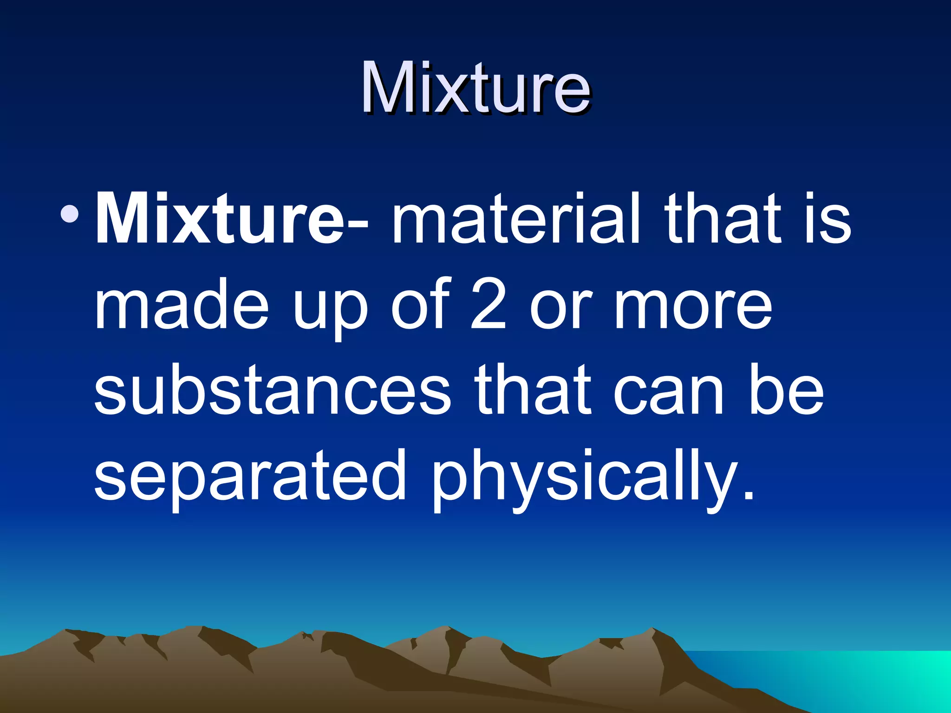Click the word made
pyautogui.click(x=181, y=304)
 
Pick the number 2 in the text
pyautogui.click(x=488, y=304)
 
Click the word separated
pyautogui.click(x=250, y=476)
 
